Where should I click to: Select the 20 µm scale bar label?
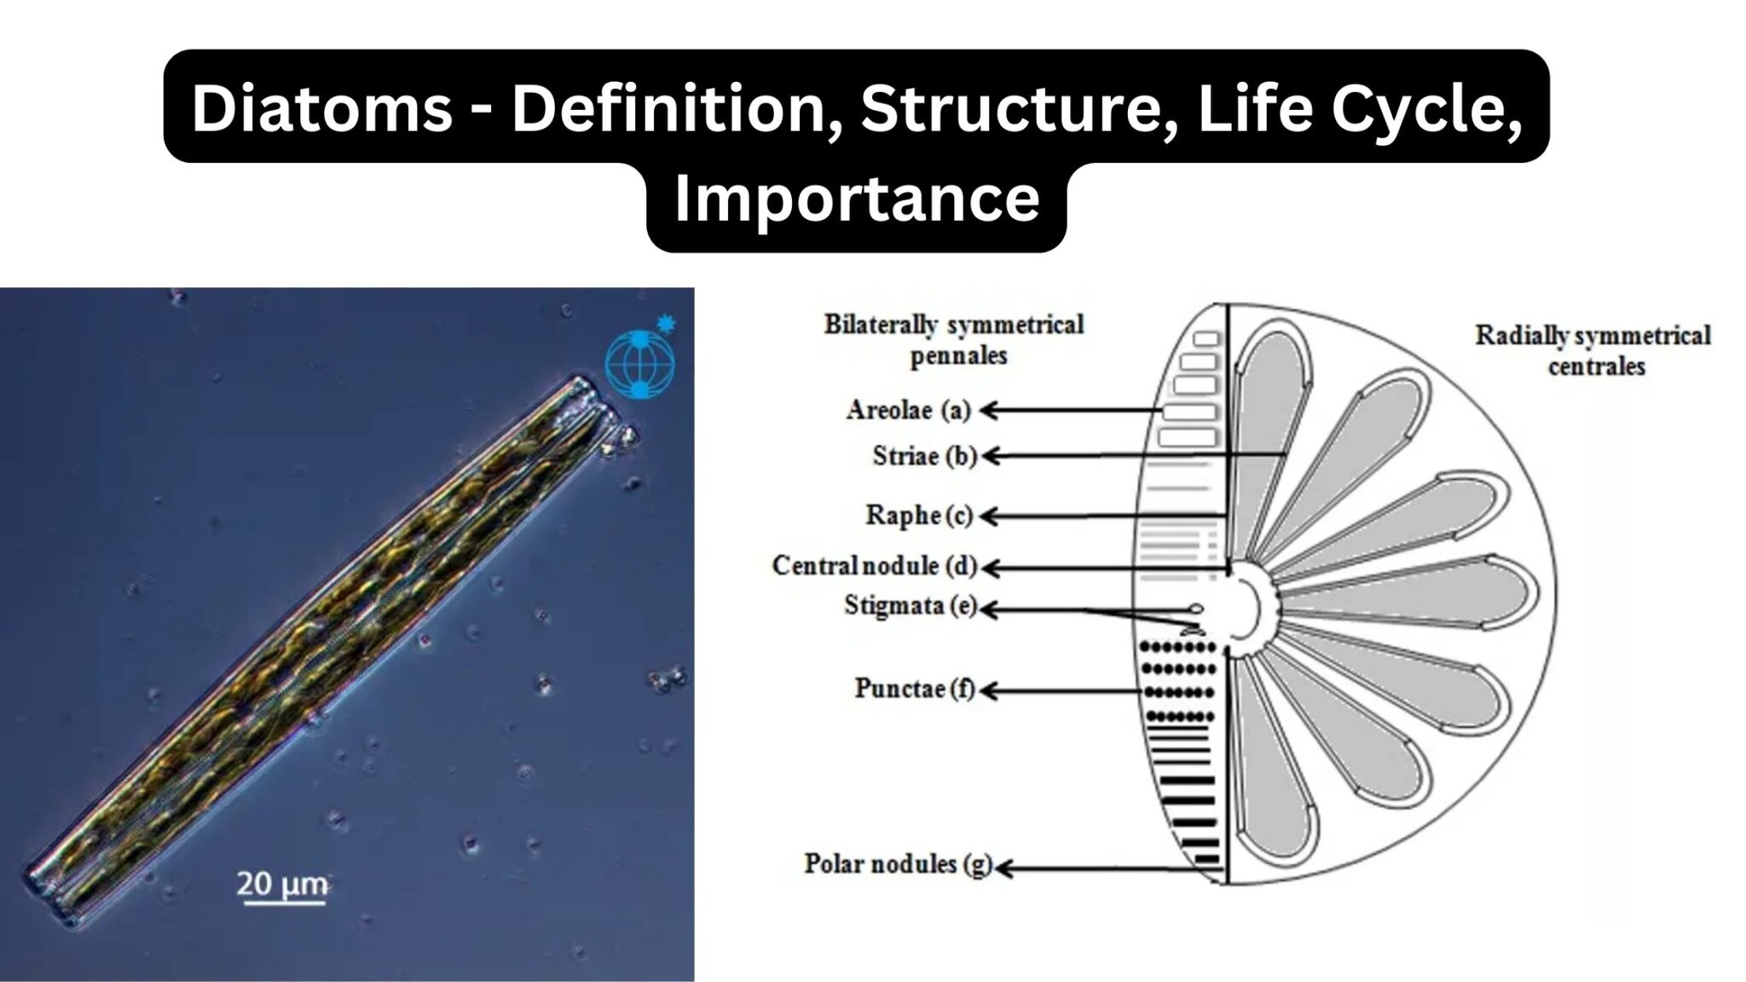click(x=281, y=884)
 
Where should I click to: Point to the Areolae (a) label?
click(x=908, y=410)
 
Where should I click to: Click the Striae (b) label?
click(x=923, y=456)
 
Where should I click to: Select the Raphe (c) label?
click(x=919, y=516)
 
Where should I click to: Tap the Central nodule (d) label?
click(x=874, y=565)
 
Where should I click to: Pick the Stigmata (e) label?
click(x=910, y=606)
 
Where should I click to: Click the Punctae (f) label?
click(x=914, y=689)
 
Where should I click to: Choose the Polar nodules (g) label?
click(x=898, y=864)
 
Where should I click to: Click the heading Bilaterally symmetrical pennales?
click(x=953, y=339)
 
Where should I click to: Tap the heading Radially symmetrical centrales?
click(x=1593, y=350)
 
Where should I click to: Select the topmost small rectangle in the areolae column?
click(x=1205, y=338)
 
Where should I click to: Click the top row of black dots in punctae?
click(x=1178, y=649)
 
